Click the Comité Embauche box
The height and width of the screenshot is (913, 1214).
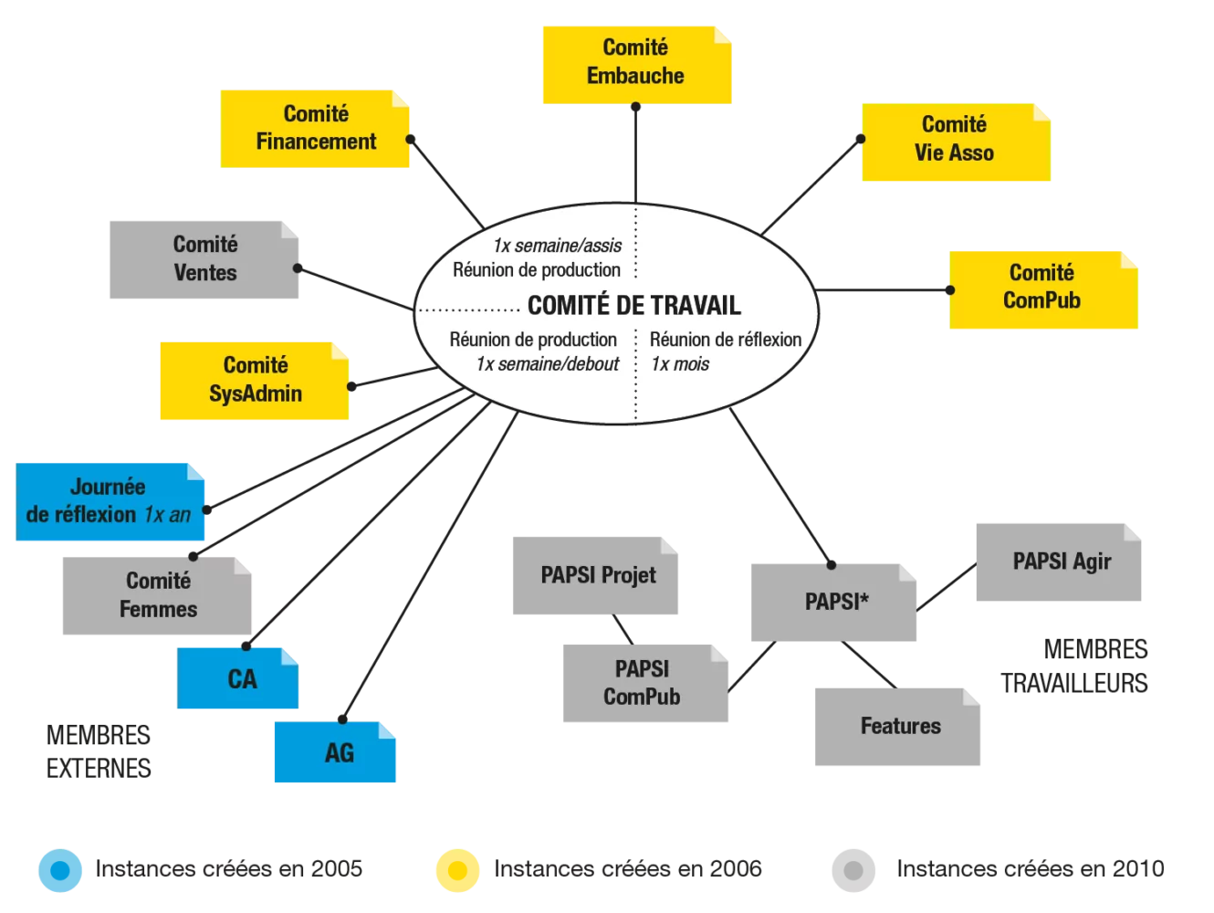[x=636, y=65]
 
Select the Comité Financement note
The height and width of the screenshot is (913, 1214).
[x=314, y=129]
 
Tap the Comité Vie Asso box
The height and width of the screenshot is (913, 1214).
[x=956, y=142]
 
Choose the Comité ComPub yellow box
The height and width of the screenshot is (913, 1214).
[x=1043, y=289]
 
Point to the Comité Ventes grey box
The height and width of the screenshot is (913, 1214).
[x=204, y=259]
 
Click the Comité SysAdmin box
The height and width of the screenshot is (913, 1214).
[x=254, y=381]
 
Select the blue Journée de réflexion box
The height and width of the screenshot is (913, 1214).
[x=110, y=501]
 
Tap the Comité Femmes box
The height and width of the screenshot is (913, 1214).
[x=156, y=595]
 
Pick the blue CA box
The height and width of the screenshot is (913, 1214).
[x=237, y=677]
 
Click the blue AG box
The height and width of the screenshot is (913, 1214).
[x=335, y=751]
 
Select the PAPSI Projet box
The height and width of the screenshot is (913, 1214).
[x=595, y=575]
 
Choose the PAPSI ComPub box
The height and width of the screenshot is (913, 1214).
[x=645, y=683]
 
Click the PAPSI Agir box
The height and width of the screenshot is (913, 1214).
[x=1058, y=561]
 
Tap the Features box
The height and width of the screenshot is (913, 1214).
[x=897, y=726]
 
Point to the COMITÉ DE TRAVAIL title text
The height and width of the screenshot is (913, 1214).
[x=633, y=305]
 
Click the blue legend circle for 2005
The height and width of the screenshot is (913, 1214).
[x=59, y=870]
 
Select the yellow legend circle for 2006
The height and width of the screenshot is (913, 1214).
[x=457, y=870]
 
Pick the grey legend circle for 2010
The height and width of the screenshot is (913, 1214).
[x=853, y=870]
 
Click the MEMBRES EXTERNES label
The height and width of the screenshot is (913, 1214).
[x=99, y=751]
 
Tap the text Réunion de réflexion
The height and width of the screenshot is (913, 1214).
[x=725, y=339]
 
